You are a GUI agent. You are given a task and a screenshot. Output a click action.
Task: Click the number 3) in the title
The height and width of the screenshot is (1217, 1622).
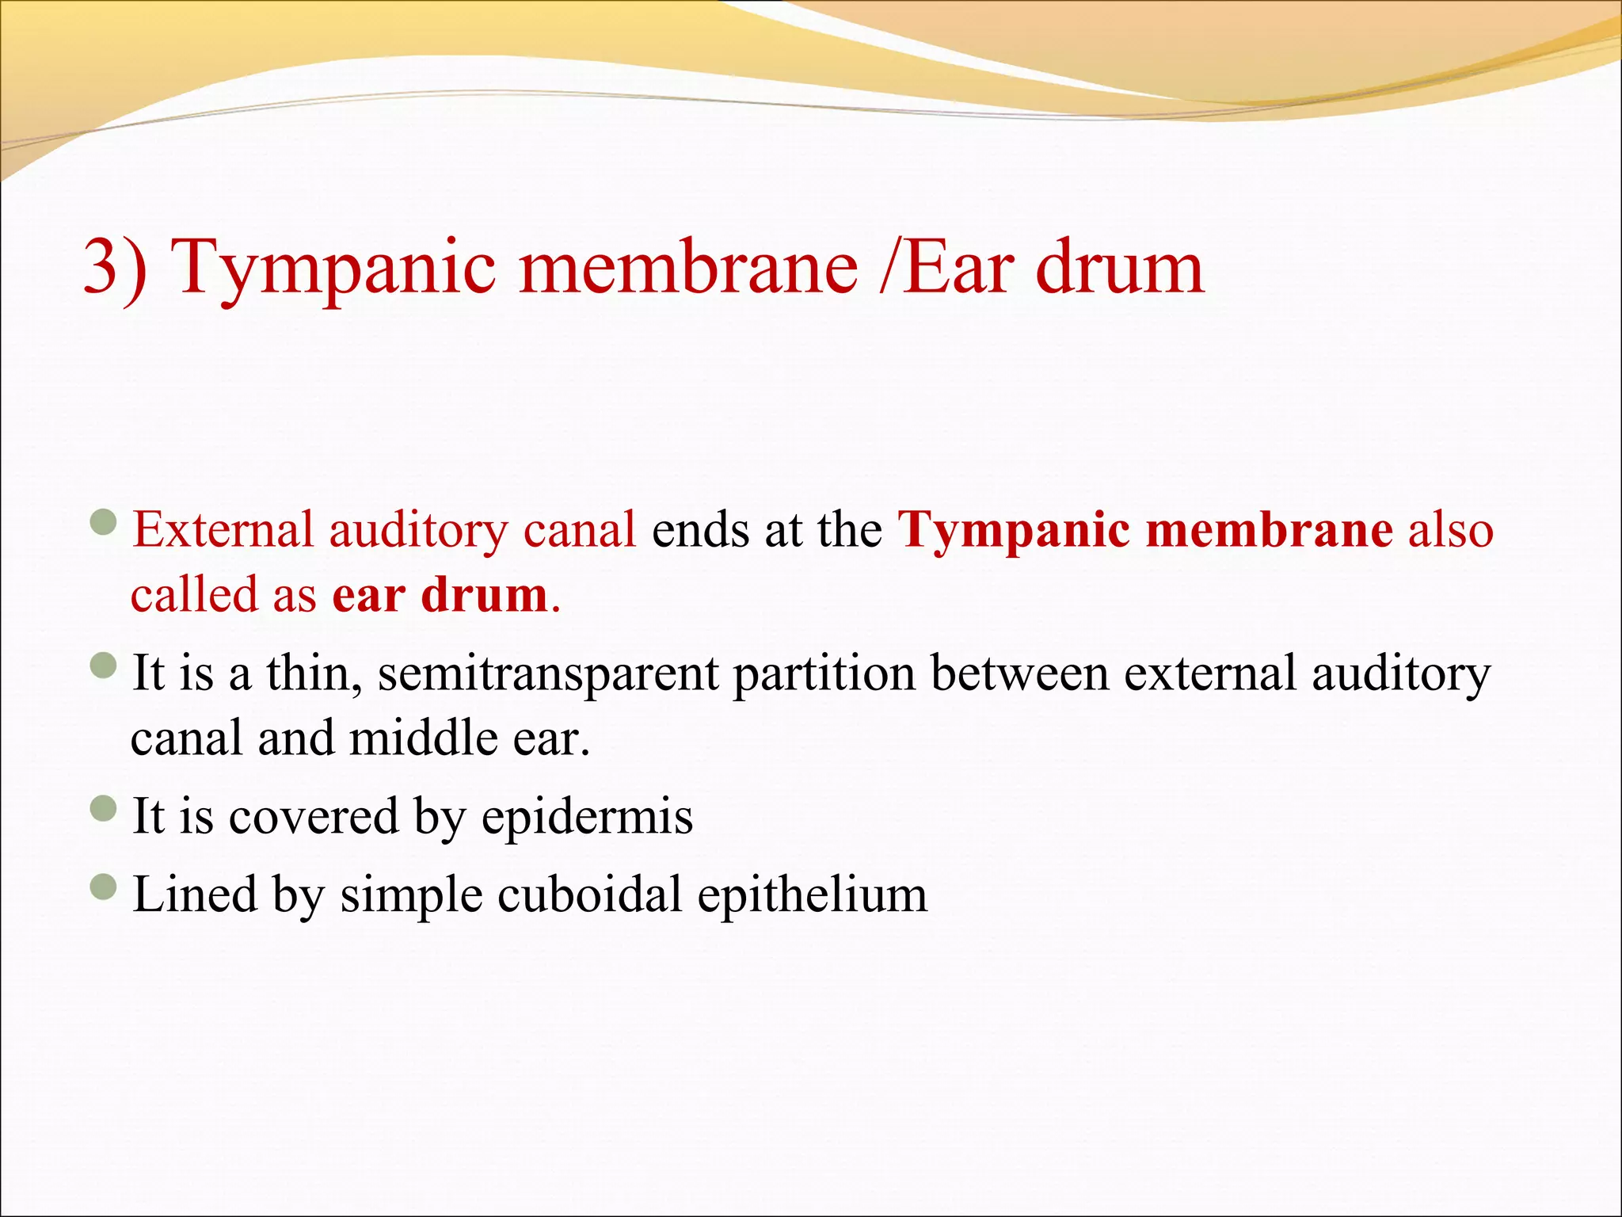pos(116,268)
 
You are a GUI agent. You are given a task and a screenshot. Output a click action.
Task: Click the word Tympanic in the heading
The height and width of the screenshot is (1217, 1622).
pos(333,268)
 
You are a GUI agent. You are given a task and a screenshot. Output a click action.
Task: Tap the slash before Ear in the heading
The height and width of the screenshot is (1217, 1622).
pos(889,268)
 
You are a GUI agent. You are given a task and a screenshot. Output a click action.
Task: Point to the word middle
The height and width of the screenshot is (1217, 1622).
pos(423,738)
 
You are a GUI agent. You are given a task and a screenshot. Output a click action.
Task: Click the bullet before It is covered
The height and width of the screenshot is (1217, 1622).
pos(104,808)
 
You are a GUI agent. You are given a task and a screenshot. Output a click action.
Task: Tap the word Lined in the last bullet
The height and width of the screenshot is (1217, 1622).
pos(195,895)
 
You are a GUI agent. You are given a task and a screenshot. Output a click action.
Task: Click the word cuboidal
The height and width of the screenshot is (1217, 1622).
pos(590,895)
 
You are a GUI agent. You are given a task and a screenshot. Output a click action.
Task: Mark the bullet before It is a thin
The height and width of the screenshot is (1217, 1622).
pos(104,666)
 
